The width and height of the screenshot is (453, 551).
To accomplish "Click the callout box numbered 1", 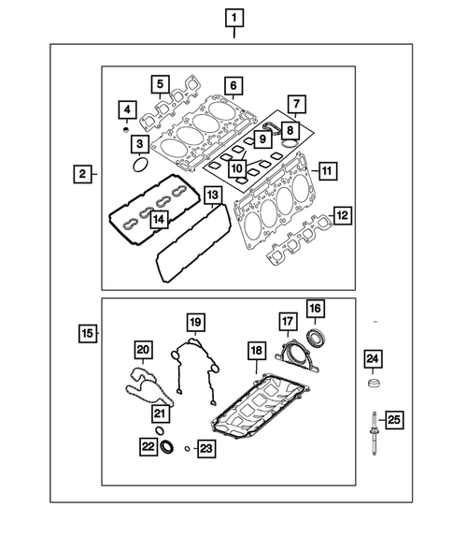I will [x=234, y=17].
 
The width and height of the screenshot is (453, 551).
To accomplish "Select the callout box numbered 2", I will [x=83, y=174].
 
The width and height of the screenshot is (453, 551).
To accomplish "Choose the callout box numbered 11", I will [x=328, y=171].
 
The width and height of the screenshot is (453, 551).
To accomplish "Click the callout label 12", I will [x=343, y=215].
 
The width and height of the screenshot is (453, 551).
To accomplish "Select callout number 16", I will [x=315, y=308].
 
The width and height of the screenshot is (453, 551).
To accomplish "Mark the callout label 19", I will [x=194, y=324].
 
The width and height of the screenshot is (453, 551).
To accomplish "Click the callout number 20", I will [x=143, y=350].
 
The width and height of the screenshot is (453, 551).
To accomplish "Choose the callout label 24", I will [x=372, y=359].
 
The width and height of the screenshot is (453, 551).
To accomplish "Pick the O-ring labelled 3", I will [x=140, y=167].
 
